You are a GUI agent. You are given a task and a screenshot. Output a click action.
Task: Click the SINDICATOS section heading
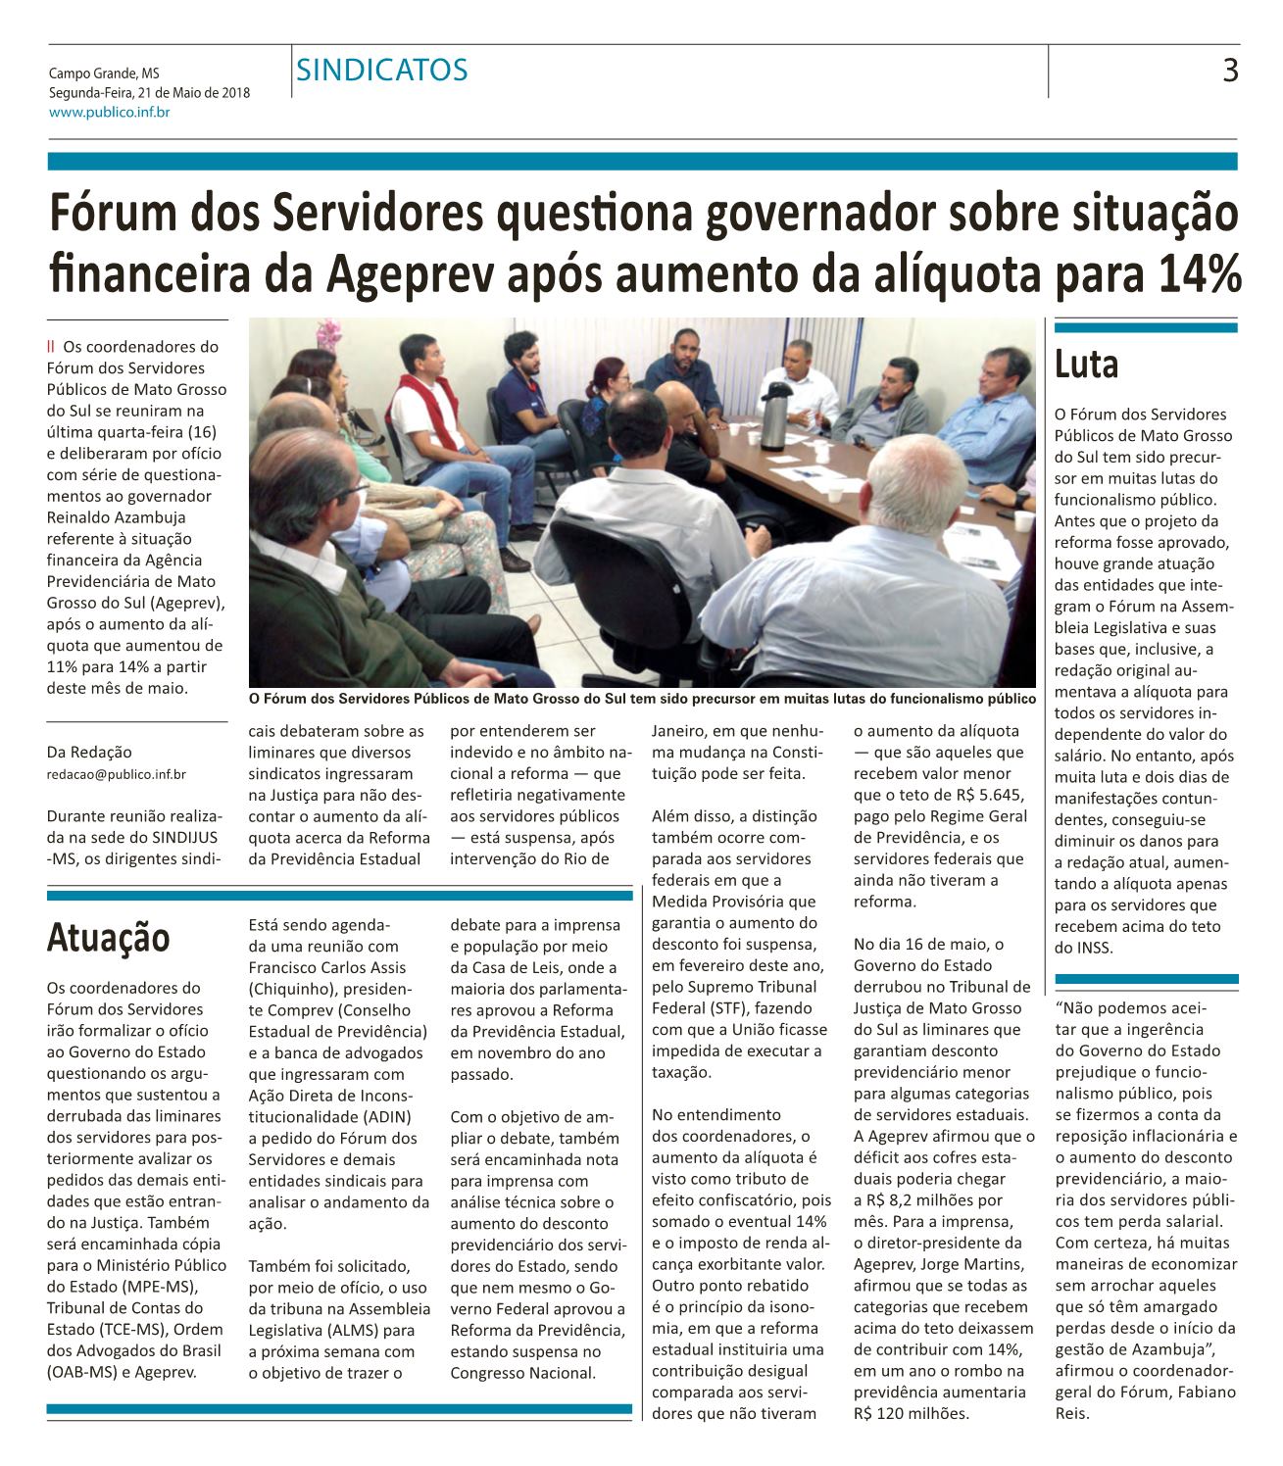[382, 71]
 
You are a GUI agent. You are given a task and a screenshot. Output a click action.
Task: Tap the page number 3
[1230, 71]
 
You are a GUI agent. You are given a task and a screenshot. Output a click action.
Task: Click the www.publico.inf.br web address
[110, 113]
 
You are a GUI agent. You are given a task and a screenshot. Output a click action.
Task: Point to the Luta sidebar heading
[1086, 365]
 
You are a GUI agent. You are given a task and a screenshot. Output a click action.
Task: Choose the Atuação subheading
[109, 937]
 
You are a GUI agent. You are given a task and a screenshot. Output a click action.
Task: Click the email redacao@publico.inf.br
[117, 774]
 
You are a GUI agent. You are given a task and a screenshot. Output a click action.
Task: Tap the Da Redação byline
[89, 752]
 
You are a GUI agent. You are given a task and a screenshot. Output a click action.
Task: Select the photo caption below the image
[642, 699]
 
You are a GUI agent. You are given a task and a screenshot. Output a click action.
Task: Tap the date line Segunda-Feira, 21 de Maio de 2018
[149, 93]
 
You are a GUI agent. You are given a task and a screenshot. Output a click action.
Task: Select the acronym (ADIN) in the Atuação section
[377, 1116]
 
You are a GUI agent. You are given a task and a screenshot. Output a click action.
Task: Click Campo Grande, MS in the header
[104, 73]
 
